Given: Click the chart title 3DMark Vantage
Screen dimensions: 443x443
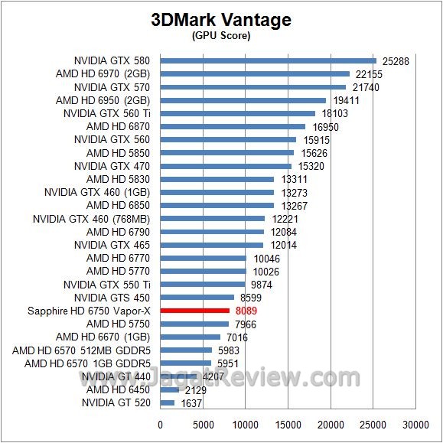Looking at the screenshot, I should click(x=221, y=20).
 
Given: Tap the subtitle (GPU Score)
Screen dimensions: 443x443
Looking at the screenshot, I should click(x=221, y=35).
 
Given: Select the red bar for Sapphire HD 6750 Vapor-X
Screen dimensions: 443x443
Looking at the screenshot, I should click(x=194, y=311).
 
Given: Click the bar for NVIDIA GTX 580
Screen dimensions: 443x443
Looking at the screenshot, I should click(x=268, y=60).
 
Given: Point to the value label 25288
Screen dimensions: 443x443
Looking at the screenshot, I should click(x=395, y=60).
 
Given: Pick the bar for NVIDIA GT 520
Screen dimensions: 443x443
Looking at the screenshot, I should click(x=168, y=402).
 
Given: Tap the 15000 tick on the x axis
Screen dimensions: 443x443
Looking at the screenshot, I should click(x=288, y=425).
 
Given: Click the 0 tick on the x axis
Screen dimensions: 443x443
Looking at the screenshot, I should click(x=161, y=425).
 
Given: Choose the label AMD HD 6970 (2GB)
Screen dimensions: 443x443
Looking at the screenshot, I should click(x=103, y=73).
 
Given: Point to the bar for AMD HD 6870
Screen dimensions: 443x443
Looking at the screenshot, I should click(x=233, y=126).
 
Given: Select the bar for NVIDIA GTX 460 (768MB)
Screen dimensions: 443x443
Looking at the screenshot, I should click(x=213, y=219).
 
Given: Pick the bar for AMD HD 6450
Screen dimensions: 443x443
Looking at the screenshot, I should click(x=170, y=389).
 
